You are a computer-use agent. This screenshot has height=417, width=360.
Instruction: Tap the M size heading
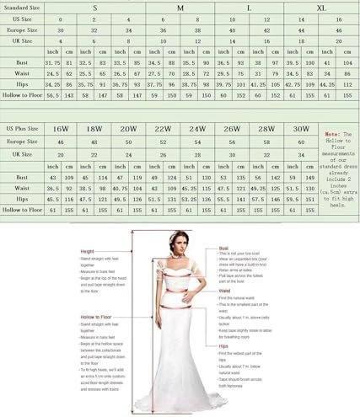(x=180, y=6)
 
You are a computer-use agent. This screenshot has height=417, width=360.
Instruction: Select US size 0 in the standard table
(x=60, y=17)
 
